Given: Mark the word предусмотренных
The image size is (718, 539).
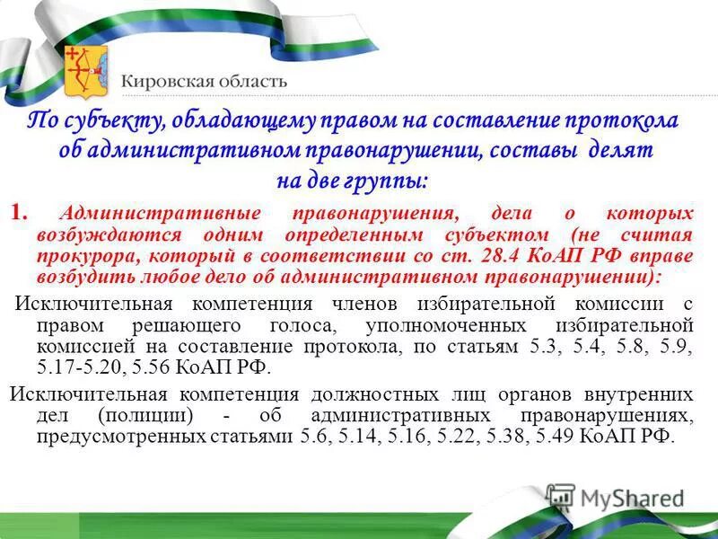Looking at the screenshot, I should click(x=103, y=437).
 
